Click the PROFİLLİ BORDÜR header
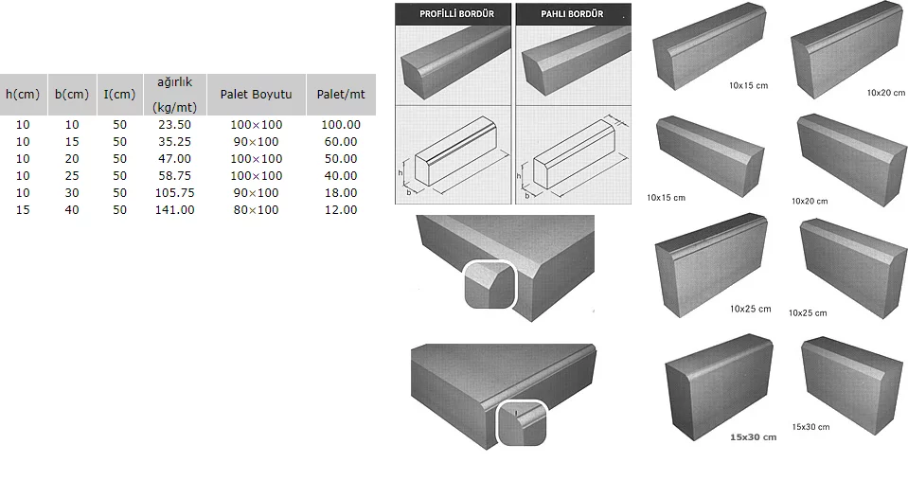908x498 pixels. (x=453, y=14)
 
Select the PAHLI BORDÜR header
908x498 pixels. (x=572, y=14)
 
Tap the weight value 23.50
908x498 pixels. (x=174, y=125)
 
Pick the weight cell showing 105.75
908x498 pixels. (x=174, y=193)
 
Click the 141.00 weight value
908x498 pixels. (x=174, y=210)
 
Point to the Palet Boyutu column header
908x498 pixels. (x=256, y=95)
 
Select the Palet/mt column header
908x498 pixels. (x=341, y=95)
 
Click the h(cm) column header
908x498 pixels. (x=23, y=95)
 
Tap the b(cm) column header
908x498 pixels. (x=72, y=95)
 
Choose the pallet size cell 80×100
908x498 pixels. (x=256, y=210)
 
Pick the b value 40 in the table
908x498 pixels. (x=72, y=210)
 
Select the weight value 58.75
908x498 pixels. (x=174, y=176)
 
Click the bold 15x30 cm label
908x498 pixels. (x=753, y=437)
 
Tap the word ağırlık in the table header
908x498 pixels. (x=174, y=82)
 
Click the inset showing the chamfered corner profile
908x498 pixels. (x=489, y=284)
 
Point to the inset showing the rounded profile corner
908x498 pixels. (x=522, y=423)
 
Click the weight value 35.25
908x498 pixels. (x=174, y=142)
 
